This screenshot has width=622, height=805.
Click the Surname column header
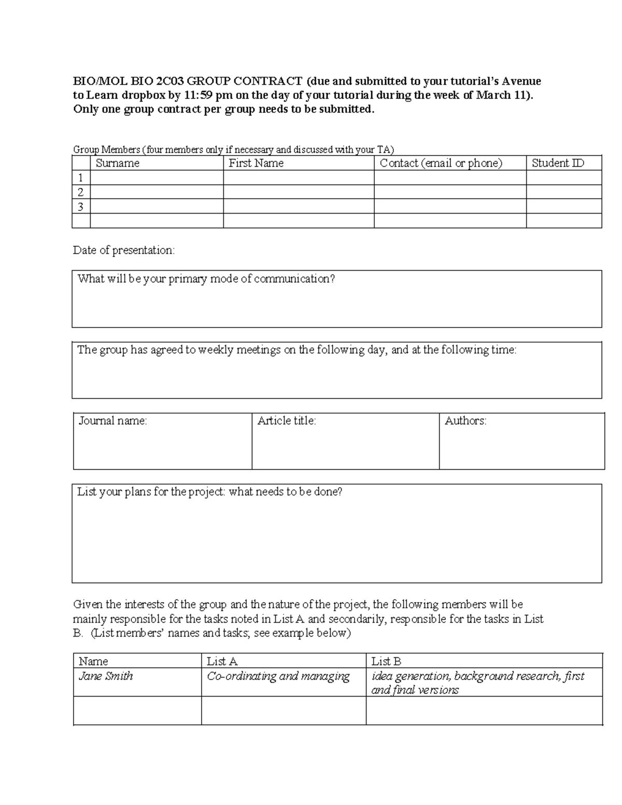118,163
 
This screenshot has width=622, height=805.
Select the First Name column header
256,163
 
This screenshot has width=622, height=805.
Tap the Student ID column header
558,163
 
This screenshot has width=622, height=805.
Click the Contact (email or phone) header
441,163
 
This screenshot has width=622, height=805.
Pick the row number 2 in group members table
80,192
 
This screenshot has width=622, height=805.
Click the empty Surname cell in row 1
157,178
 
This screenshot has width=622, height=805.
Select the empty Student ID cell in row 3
563,207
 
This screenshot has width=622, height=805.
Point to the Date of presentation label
124,250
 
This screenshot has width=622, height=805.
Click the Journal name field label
112,421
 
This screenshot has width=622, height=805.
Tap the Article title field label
287,421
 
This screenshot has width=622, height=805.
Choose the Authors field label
465,421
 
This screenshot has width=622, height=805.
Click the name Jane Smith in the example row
106,676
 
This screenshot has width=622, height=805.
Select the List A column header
222,661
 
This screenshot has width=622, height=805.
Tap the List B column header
386,661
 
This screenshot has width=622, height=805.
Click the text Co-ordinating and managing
278,676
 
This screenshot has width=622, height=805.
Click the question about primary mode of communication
206,279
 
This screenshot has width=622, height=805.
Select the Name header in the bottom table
93,661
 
